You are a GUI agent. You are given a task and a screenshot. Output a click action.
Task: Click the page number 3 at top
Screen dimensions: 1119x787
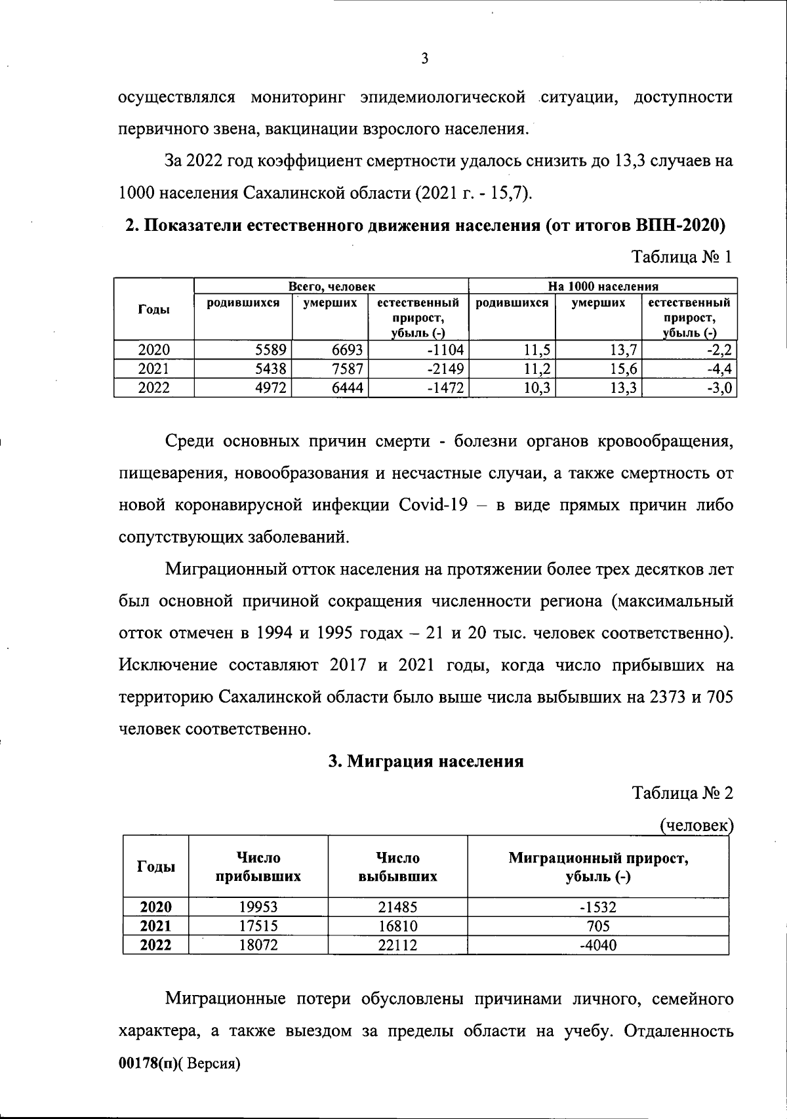424,59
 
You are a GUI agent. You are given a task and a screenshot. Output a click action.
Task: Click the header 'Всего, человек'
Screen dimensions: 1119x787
332,287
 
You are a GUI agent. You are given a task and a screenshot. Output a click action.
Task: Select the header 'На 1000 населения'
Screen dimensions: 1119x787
603,287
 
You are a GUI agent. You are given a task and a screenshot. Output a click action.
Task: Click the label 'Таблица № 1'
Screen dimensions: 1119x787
681,257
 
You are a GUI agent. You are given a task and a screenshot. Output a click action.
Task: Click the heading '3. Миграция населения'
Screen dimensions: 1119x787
426,761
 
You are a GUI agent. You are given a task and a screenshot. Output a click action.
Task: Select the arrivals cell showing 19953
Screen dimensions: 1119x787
258,907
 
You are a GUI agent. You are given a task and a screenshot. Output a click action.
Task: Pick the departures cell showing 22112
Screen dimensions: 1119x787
397,945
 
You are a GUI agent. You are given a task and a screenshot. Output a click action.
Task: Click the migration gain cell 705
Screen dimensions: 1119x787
598,926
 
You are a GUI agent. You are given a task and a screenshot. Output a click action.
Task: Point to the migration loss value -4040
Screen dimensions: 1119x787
598,945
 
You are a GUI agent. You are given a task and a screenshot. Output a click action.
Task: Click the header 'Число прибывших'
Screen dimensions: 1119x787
258,866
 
